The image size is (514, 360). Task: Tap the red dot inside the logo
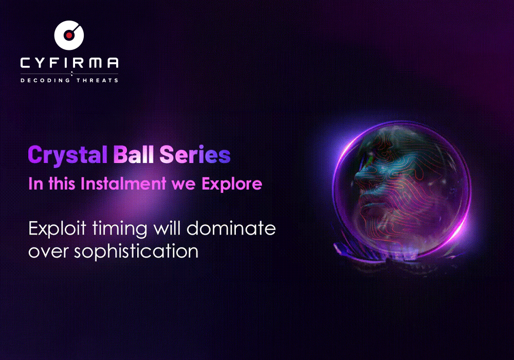pos(68,35)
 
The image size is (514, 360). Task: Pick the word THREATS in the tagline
pos(97,80)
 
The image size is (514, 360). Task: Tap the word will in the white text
pos(164,228)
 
